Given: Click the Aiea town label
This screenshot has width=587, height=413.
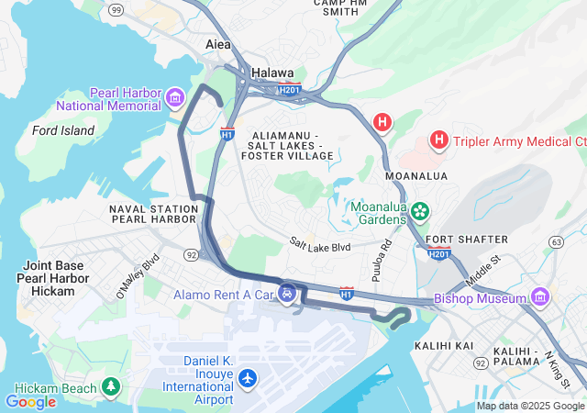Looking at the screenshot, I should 218,44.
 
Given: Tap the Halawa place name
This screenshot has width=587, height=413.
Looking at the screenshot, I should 272,73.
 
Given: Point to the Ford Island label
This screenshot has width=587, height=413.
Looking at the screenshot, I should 63,130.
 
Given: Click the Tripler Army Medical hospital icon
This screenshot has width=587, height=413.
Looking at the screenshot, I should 439,140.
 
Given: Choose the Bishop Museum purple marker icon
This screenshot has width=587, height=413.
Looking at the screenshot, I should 539,297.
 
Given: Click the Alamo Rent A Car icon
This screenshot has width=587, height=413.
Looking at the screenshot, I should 288,294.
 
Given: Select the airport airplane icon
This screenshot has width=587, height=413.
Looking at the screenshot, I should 247,377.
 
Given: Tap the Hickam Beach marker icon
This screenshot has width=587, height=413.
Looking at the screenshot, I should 111,386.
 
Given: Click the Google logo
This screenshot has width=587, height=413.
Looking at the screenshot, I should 30,401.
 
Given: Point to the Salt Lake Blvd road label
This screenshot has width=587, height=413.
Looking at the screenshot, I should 320,247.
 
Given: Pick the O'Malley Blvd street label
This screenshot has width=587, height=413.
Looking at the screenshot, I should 138,276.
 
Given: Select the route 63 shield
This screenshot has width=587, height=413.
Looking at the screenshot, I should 556,241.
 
